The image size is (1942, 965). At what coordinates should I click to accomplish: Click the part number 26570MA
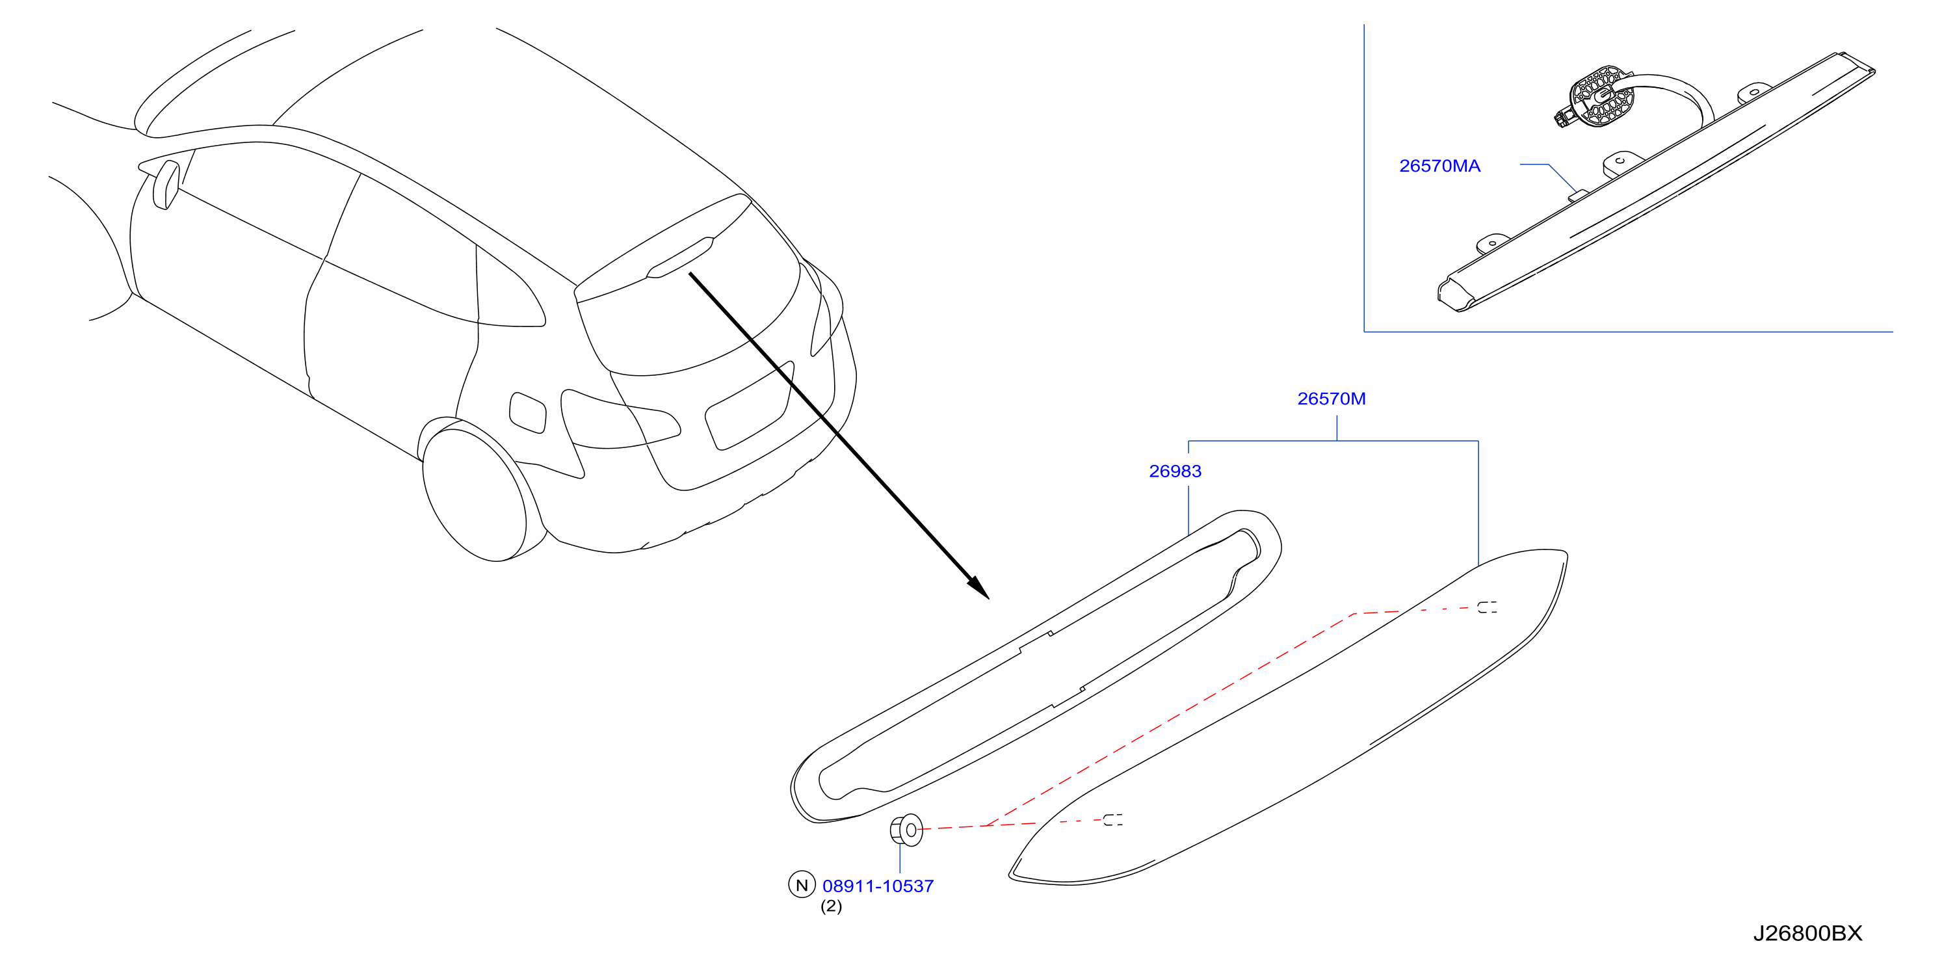click(1439, 166)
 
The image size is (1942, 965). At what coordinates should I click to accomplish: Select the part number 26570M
click(1332, 399)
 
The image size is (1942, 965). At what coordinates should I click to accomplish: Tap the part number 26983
click(1175, 471)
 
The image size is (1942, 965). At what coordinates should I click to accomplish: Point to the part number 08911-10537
click(878, 886)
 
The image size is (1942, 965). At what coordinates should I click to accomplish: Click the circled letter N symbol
click(802, 885)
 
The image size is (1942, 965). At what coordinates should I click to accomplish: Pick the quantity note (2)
click(831, 906)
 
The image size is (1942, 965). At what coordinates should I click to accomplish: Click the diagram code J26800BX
click(1807, 933)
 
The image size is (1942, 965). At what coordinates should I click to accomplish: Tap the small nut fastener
click(906, 830)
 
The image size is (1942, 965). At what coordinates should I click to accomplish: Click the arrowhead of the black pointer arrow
click(978, 588)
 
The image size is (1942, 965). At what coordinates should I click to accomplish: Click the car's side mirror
click(165, 185)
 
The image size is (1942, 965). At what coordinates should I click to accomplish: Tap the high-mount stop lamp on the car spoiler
click(679, 258)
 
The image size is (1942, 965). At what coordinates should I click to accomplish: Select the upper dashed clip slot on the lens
click(1488, 607)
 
